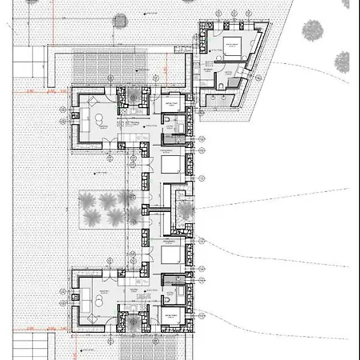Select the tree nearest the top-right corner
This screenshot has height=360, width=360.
[x=312, y=30]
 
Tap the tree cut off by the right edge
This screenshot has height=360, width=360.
[x=343, y=61]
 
